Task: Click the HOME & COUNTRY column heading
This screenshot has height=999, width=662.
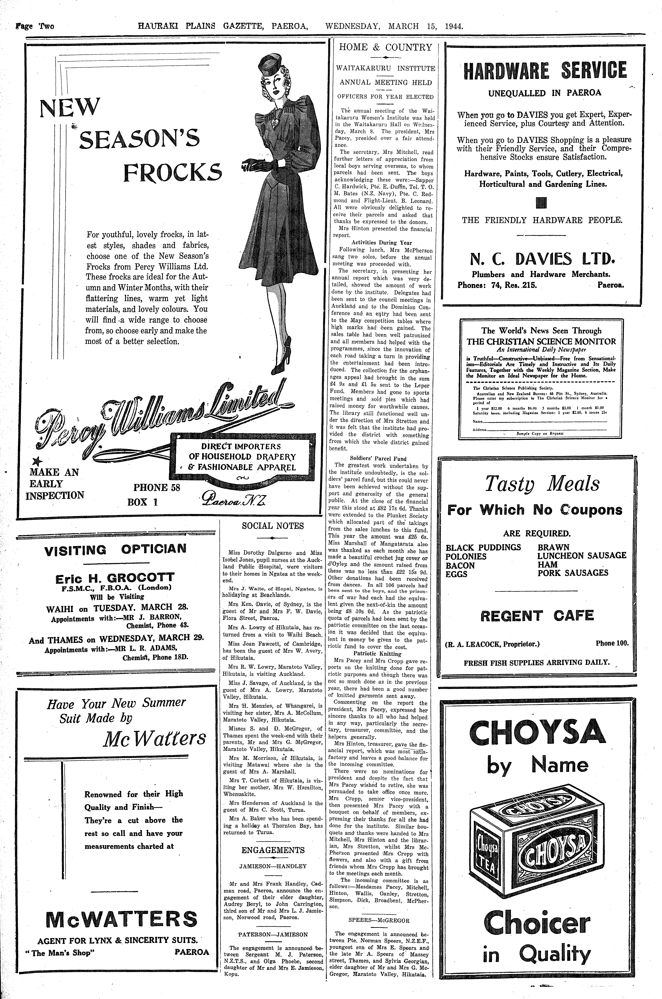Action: pos(386,47)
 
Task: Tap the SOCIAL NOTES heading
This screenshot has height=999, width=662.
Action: pos(273,526)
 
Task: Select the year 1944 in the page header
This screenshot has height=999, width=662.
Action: pos(454,26)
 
